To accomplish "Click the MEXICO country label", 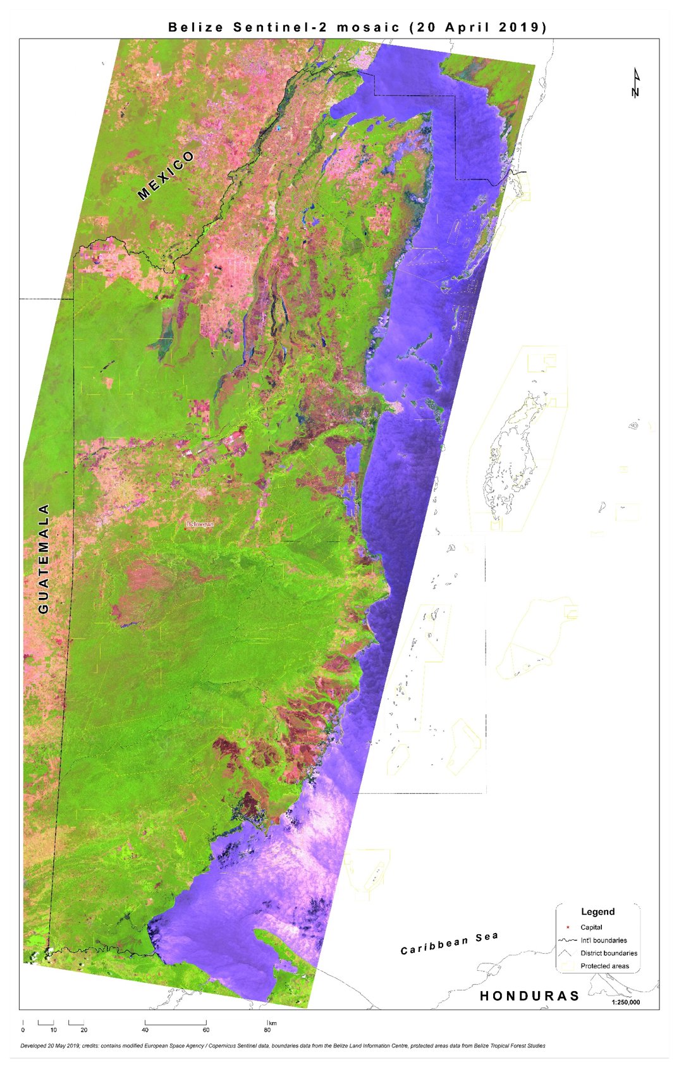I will (x=166, y=176).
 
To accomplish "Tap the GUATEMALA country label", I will (x=44, y=558).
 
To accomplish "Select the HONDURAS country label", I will (x=529, y=996).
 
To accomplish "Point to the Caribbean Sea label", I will (x=449, y=942).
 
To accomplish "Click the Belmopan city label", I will (x=200, y=524).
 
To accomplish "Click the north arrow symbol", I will (x=635, y=83).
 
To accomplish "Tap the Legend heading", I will (x=597, y=912).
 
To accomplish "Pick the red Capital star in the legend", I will (x=568, y=927).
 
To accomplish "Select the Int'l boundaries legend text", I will (x=604, y=940).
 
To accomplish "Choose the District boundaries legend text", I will (x=609, y=953).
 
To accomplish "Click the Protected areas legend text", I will (x=605, y=966).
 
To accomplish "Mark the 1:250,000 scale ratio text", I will (x=626, y=1002).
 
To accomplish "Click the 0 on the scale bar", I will (x=23, y=1030).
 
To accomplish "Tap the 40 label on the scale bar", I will (x=145, y=1030).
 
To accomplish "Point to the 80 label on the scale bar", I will (x=267, y=1030).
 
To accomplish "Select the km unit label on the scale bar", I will (x=272, y=1023).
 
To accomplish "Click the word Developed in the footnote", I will (x=35, y=1046).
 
